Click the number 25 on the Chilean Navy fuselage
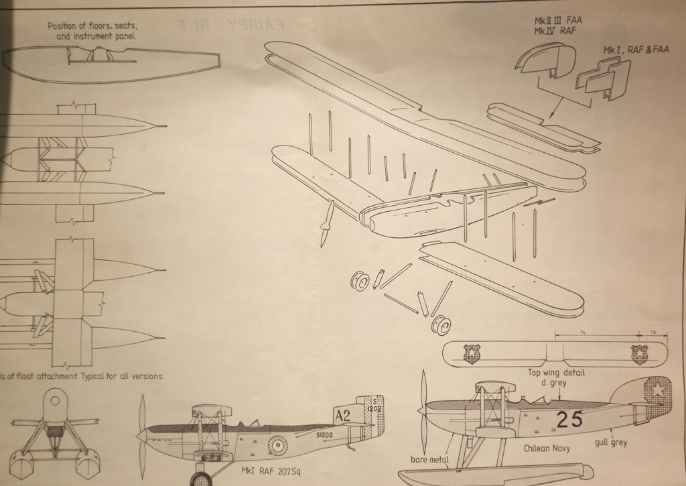pos(569,420)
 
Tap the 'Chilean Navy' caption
pos(547,448)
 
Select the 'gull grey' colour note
pos(610,443)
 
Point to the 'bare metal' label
pos(429,460)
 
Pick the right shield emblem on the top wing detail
pos(639,353)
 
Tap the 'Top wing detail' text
pos(557,372)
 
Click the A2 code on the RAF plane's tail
pos(342,416)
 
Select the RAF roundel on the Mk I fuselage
pos(277,444)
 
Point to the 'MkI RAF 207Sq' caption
pos(271,471)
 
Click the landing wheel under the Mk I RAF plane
pos(200,479)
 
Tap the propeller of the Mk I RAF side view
pos(141,436)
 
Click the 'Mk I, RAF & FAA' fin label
pos(635,50)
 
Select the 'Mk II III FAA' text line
pos(558,21)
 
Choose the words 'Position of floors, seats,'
pos(92,26)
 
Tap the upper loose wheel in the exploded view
pos(360,281)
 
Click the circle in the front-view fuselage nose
pos(55,401)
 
